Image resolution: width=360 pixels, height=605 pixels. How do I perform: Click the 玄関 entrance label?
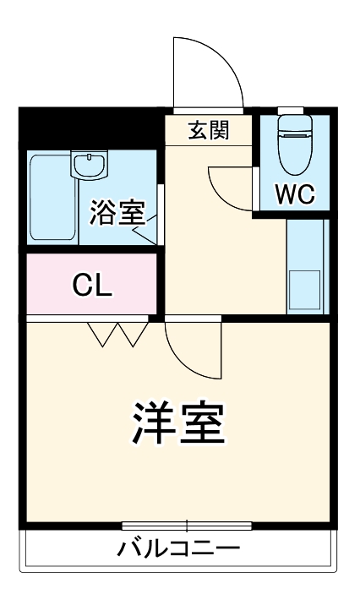207,131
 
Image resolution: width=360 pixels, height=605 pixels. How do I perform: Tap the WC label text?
295,194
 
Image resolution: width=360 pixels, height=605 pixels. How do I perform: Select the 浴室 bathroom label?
117,212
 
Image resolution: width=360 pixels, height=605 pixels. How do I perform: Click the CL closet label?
91,286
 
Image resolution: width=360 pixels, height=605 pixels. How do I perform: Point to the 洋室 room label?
179,424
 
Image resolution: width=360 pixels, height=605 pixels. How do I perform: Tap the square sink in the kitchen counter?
304,289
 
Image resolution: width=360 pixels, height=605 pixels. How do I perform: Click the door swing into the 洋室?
192,349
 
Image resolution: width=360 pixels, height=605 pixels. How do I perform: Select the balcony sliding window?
186,525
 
